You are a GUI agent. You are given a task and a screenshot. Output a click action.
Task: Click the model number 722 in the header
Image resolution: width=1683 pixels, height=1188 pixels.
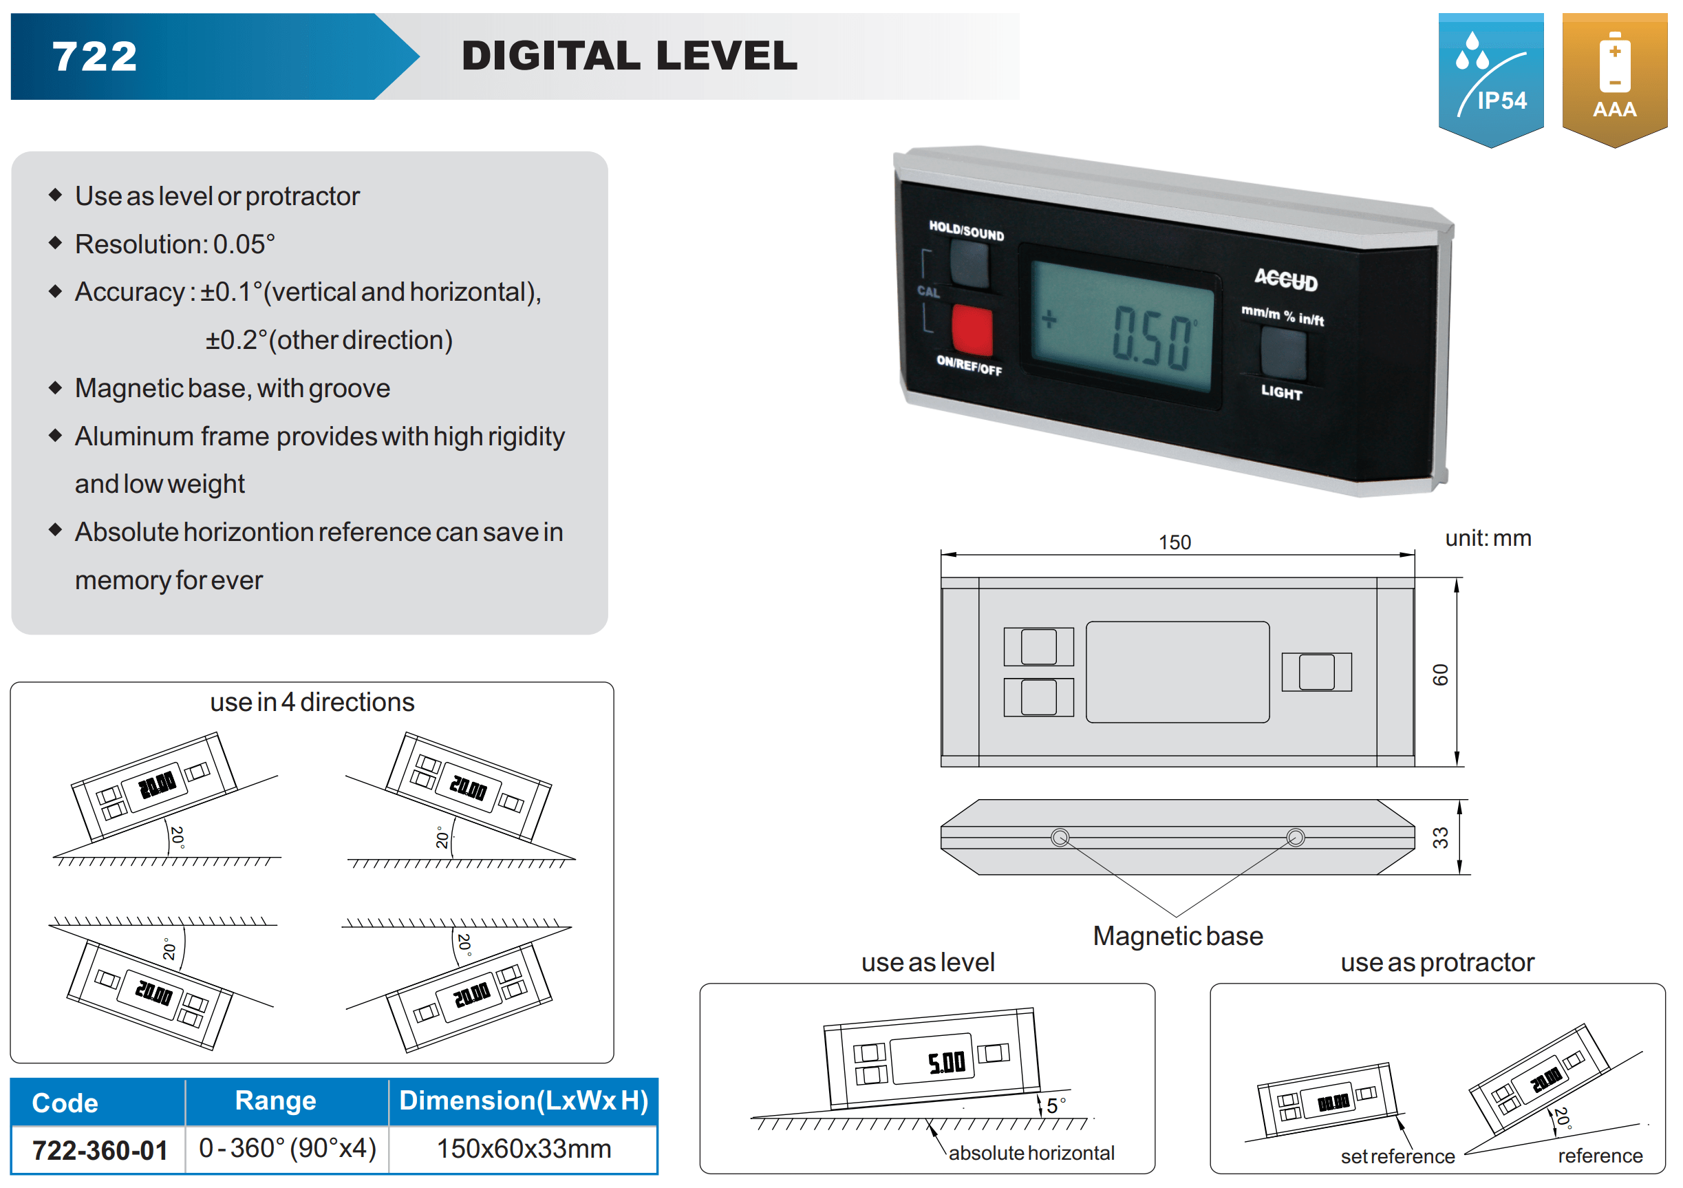pos(94,56)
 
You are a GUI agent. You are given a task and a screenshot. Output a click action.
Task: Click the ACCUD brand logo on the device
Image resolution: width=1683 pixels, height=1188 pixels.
pos(1286,279)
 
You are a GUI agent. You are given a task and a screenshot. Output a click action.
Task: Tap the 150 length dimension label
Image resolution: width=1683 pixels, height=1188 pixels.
pos(1175,542)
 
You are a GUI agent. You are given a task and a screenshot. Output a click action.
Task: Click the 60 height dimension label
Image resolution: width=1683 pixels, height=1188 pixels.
pos(1440,674)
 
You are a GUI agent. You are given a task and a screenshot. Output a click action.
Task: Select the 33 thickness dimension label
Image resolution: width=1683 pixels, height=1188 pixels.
pos(1440,838)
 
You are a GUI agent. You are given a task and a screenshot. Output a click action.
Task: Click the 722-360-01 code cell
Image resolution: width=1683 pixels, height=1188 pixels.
pos(100,1150)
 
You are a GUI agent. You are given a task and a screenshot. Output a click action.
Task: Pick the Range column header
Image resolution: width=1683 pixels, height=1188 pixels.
pos(276,1101)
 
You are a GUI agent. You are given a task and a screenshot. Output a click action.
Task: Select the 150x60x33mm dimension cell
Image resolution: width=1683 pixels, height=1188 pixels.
pos(524,1148)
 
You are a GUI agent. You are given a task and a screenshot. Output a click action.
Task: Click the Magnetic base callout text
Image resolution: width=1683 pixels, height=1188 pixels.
pos(1177,937)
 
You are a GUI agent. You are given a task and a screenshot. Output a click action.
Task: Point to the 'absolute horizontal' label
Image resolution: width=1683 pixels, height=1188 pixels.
pos(1031,1153)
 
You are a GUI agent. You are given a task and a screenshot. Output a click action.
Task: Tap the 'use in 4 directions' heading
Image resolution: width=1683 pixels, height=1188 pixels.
pos(312,702)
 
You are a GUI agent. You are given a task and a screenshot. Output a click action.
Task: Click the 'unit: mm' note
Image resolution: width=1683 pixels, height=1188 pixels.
pos(1488,538)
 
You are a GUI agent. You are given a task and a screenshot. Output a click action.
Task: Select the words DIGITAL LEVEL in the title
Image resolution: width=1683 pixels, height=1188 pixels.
pos(630,56)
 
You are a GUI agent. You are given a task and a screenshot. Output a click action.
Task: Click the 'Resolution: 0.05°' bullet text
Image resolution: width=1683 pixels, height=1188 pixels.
pos(175,244)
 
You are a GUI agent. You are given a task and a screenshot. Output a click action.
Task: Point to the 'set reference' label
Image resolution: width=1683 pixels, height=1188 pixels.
pos(1397,1156)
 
